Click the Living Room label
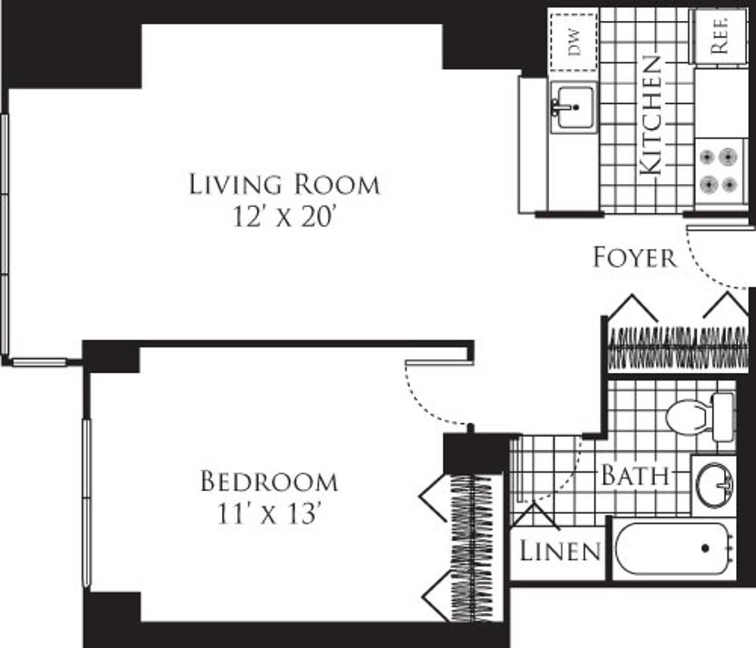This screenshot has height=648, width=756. tap(285, 185)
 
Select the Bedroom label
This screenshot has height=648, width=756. tap(269, 482)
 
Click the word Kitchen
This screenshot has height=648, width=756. tap(650, 115)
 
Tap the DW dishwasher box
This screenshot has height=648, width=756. tap(573, 41)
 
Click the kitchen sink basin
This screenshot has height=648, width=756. tap(573, 108)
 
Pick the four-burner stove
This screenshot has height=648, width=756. tap(719, 169)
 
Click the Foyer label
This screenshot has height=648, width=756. tap(635, 258)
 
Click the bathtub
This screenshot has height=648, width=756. tap(673, 550)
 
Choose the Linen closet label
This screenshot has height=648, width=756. tap(559, 552)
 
